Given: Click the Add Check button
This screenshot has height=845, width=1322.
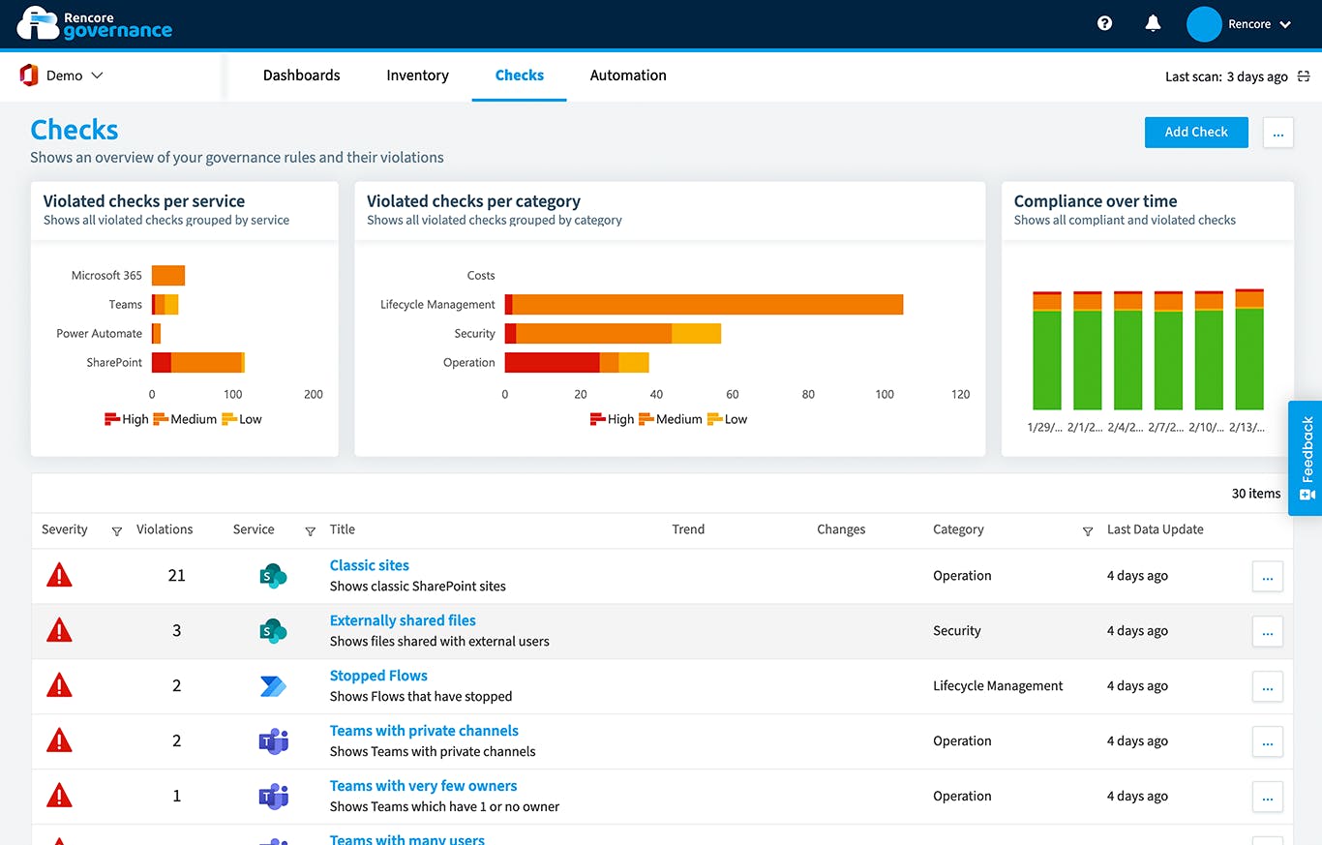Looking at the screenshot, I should click(1195, 133).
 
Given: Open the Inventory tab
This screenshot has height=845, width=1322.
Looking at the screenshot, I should click(417, 75).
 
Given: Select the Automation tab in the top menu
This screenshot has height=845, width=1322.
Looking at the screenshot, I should click(628, 75).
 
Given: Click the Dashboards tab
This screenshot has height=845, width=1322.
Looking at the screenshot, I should click(301, 75).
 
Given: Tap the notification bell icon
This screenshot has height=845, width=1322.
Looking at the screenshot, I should click(1153, 24).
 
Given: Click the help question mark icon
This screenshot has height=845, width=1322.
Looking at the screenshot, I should click(1104, 24).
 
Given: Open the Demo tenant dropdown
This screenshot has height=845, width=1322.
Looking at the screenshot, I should click(63, 75).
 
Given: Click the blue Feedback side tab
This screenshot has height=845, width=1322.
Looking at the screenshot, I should click(1306, 459).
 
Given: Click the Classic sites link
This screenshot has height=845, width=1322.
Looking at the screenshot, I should click(369, 565).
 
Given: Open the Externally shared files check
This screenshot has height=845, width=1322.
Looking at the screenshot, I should click(403, 620).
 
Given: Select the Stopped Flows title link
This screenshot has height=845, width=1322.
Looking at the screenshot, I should click(378, 676).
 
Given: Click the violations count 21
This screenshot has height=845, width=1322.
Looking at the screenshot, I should click(176, 576).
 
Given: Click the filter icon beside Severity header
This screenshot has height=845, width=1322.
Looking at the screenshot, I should click(117, 530).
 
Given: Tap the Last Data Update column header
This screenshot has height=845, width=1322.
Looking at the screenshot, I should click(1155, 529).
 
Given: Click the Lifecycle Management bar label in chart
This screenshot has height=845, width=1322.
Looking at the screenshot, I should click(437, 305).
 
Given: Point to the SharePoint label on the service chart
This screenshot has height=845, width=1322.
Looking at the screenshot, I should click(114, 363).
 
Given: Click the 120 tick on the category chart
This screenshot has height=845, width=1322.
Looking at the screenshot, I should click(960, 395).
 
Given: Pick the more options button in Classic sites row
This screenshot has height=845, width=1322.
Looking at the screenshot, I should click(1267, 577).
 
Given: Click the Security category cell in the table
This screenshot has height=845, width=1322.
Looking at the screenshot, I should click(956, 631).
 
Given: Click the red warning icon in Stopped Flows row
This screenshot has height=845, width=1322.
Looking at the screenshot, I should click(60, 686).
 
